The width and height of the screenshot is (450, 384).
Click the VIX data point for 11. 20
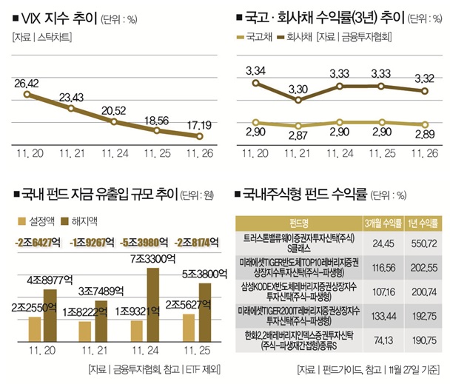(27, 94)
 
